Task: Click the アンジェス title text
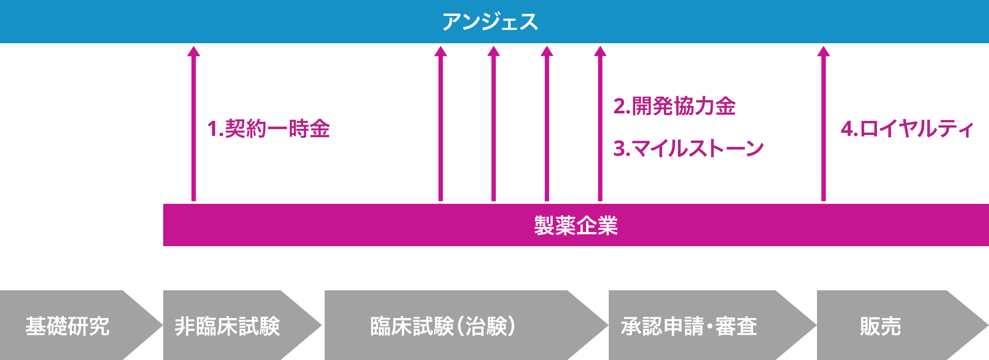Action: (x=490, y=22)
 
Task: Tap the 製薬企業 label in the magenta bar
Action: (x=576, y=225)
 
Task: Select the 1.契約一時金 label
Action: (x=268, y=129)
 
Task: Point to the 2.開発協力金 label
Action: (x=674, y=106)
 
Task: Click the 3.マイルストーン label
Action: (x=688, y=148)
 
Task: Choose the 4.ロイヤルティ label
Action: (x=907, y=129)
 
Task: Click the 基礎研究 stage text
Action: (x=67, y=326)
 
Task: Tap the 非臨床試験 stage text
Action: (x=227, y=326)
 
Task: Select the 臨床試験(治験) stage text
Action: (x=442, y=326)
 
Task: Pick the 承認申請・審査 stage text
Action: (x=689, y=326)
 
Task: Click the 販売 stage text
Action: (x=880, y=326)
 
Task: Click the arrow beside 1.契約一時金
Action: (x=194, y=128)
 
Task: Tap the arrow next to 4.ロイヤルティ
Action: (x=823, y=128)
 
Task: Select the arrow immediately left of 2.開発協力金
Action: (x=600, y=128)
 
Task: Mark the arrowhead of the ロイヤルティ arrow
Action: (x=823, y=51)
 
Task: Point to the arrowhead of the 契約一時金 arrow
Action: (x=194, y=51)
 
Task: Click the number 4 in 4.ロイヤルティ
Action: (x=846, y=129)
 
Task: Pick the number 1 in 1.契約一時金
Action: (x=212, y=129)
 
